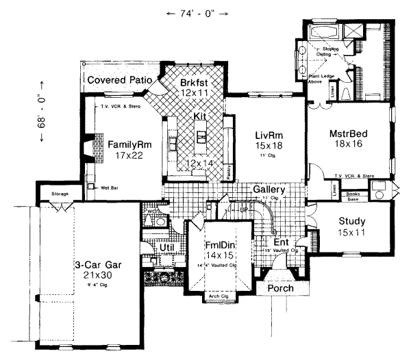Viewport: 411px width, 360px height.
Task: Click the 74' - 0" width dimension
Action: (195, 14)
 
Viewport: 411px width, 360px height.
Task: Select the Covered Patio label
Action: (119, 80)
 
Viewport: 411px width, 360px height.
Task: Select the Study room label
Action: (352, 221)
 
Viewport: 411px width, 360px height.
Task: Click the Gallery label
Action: (269, 189)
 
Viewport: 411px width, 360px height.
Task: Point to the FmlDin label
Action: (221, 245)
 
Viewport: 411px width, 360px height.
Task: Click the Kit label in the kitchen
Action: (199, 116)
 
